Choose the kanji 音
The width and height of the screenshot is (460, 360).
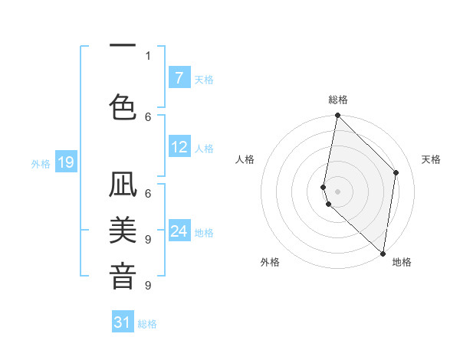(x=123, y=276)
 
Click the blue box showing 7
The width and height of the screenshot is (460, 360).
(x=179, y=77)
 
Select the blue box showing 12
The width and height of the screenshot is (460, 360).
(x=179, y=148)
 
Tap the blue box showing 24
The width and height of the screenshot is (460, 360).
(x=179, y=231)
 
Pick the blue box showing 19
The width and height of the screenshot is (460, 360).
(x=65, y=162)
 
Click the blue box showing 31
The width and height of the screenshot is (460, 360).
(x=123, y=322)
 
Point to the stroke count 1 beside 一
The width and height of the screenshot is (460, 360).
(x=148, y=55)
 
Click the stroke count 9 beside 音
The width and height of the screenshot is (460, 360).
(x=148, y=285)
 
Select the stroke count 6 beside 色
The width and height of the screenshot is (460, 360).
(x=148, y=116)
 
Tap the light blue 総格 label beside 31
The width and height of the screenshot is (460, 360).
(x=147, y=324)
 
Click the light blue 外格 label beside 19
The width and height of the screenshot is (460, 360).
(x=40, y=163)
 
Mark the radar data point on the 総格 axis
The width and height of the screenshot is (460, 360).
(x=337, y=116)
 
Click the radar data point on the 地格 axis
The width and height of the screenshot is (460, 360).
(x=382, y=253)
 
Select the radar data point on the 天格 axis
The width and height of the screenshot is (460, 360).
(x=396, y=172)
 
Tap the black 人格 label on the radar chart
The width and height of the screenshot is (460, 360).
(x=245, y=159)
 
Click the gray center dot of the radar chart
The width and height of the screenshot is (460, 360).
(x=337, y=191)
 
